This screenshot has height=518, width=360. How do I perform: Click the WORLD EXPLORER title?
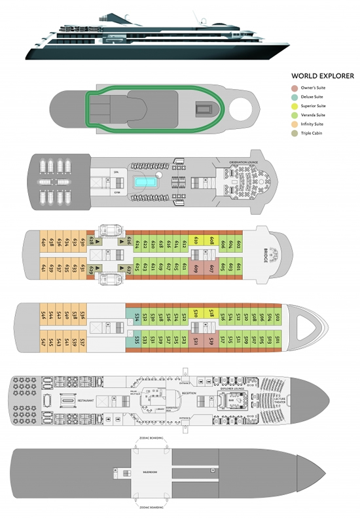pyautogui.click(x=323, y=77)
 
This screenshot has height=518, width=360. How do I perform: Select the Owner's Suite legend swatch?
pyautogui.click(x=295, y=88)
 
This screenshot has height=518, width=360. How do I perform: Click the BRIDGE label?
pyautogui.click(x=265, y=256)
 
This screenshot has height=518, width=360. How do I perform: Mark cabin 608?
pyautogui.click(x=213, y=242)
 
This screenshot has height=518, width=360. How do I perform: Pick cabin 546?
pyautogui.click(x=43, y=315)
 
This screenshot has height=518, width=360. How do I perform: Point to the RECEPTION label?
pyautogui.click(x=189, y=394)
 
